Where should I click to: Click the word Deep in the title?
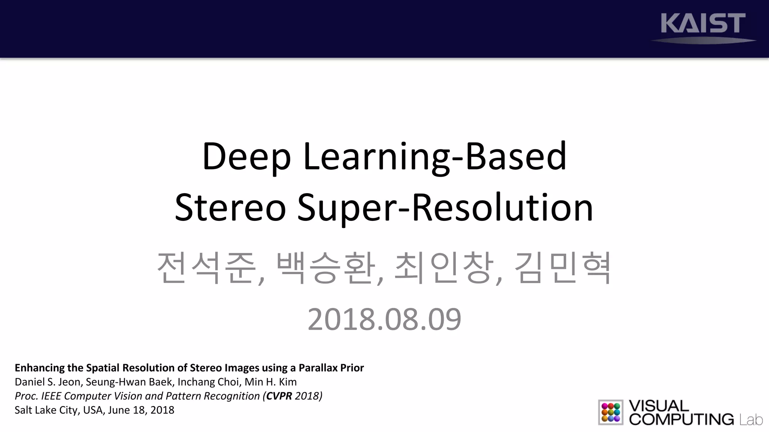point(246,157)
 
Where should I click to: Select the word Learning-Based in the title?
point(434,157)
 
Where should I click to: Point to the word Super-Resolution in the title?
point(445,208)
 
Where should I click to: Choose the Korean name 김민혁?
point(562,268)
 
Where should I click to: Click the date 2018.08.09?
point(384,319)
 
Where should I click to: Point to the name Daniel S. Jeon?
point(47,382)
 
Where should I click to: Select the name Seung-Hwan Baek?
point(129,382)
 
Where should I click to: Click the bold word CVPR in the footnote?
point(279,396)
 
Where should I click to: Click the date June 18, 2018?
point(141,410)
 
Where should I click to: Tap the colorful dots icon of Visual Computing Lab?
point(611,412)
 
